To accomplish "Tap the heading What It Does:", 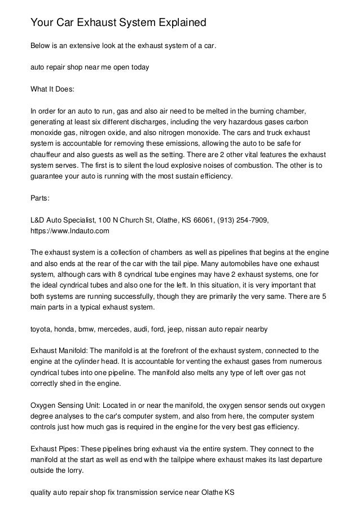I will point(52,88).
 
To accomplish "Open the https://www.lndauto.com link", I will point(69,231).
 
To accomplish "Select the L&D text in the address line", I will point(37,220).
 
